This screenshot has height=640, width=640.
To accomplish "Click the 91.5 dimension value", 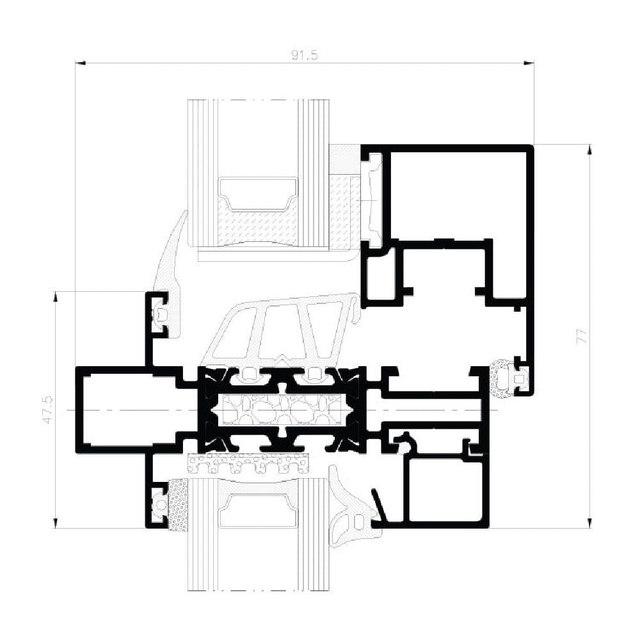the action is (x=305, y=55).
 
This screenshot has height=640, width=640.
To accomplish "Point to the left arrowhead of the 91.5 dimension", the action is (x=80, y=63).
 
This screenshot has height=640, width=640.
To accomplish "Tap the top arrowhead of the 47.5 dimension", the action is (x=56, y=296).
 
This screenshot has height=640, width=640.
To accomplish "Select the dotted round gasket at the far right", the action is (x=500, y=378).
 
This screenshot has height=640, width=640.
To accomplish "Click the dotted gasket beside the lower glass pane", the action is (x=177, y=505).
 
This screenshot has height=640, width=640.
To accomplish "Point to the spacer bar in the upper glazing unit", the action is (x=258, y=195).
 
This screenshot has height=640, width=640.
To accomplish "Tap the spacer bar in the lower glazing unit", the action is (x=258, y=510).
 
